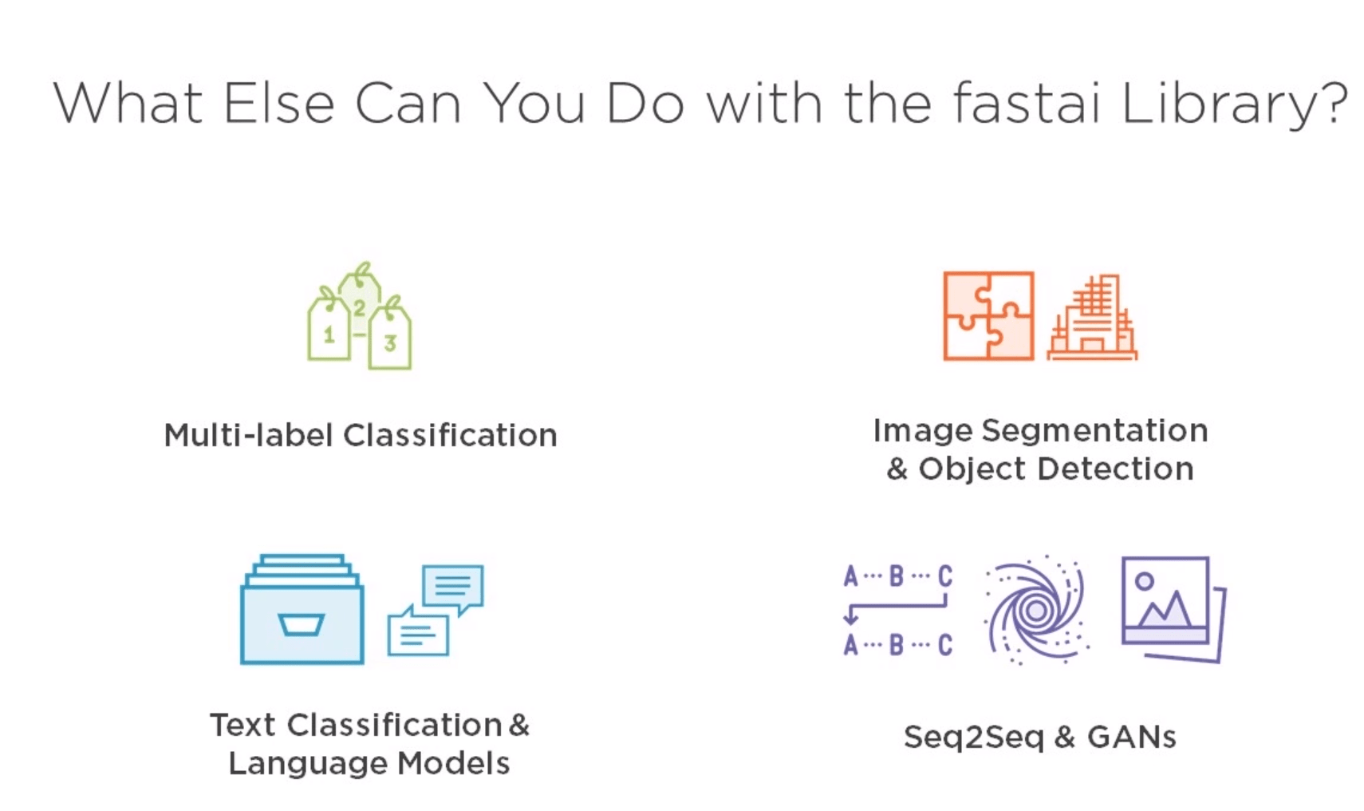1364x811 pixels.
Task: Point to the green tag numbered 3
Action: (390, 339)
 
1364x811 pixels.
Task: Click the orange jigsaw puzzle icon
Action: (988, 316)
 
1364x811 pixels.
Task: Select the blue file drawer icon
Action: (302, 611)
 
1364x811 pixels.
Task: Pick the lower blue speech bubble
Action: (417, 632)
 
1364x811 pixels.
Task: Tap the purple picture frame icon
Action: (1171, 608)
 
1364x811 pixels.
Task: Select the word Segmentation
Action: (1094, 431)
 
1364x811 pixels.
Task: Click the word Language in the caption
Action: (308, 764)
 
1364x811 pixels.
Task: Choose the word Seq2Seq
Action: (973, 738)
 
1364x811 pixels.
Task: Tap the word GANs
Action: (1131, 738)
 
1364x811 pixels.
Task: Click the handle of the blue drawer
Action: (301, 624)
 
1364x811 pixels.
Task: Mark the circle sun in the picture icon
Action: (1145, 582)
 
